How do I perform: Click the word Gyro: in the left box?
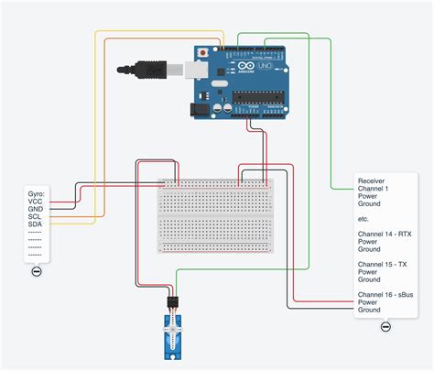click(x=38, y=195)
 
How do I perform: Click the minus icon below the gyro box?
click(x=37, y=271)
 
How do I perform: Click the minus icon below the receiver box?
click(x=385, y=327)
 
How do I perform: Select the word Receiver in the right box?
click(x=372, y=181)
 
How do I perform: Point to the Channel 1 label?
click(x=374, y=189)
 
